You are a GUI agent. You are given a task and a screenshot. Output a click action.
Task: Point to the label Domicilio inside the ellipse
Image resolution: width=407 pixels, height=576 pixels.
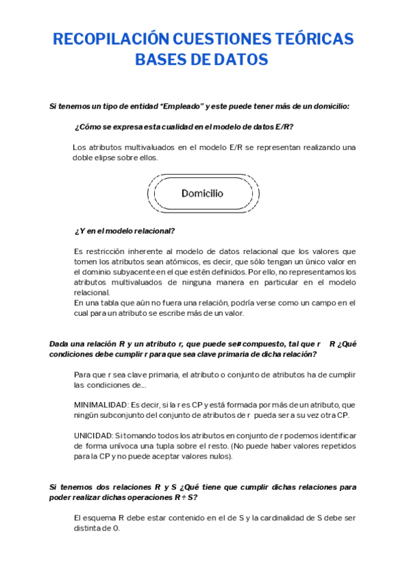pyautogui.click(x=202, y=193)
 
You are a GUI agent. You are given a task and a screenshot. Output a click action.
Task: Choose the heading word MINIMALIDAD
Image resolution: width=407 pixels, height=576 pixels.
pyautogui.click(x=101, y=405)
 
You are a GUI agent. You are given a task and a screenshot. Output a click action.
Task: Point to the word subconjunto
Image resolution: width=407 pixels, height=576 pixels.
pyautogui.click(x=124, y=415)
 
